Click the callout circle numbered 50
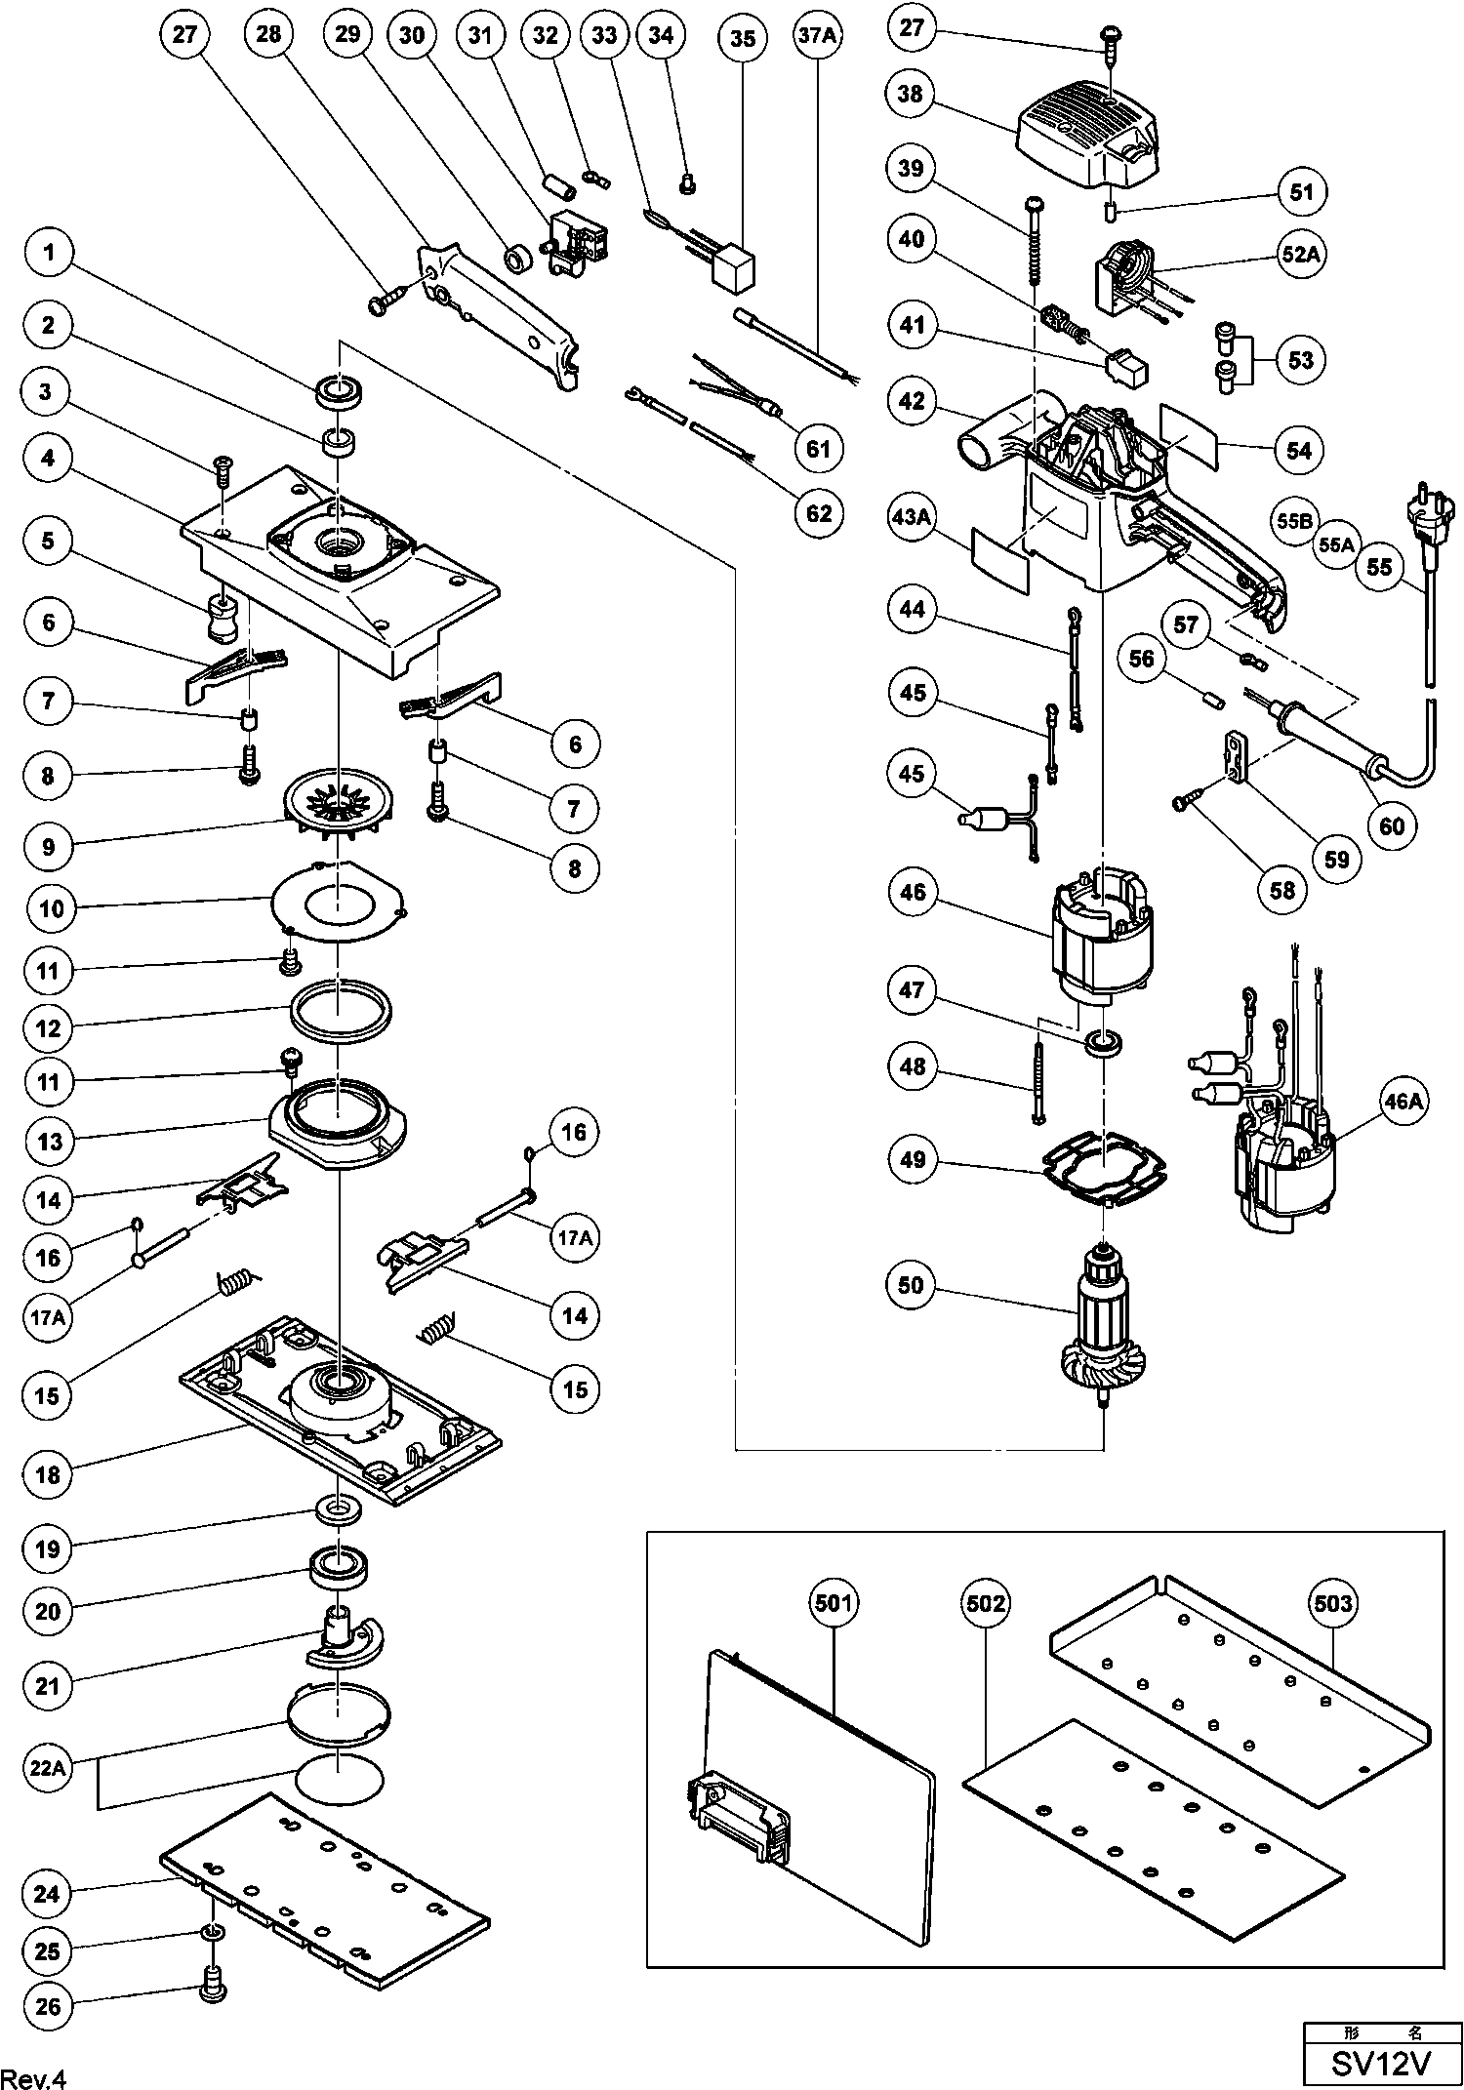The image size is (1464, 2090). [911, 1285]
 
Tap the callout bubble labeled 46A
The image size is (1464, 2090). [1403, 1102]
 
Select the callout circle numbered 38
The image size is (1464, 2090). [911, 94]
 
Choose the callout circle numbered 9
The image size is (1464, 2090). [48, 846]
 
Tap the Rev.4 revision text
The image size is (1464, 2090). [35, 2073]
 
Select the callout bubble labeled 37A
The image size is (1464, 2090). [818, 37]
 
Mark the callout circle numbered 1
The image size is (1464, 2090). [48, 254]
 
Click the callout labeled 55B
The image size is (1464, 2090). [1294, 521]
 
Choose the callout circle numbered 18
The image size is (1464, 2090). [48, 1474]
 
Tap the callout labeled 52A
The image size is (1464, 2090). [1303, 256]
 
